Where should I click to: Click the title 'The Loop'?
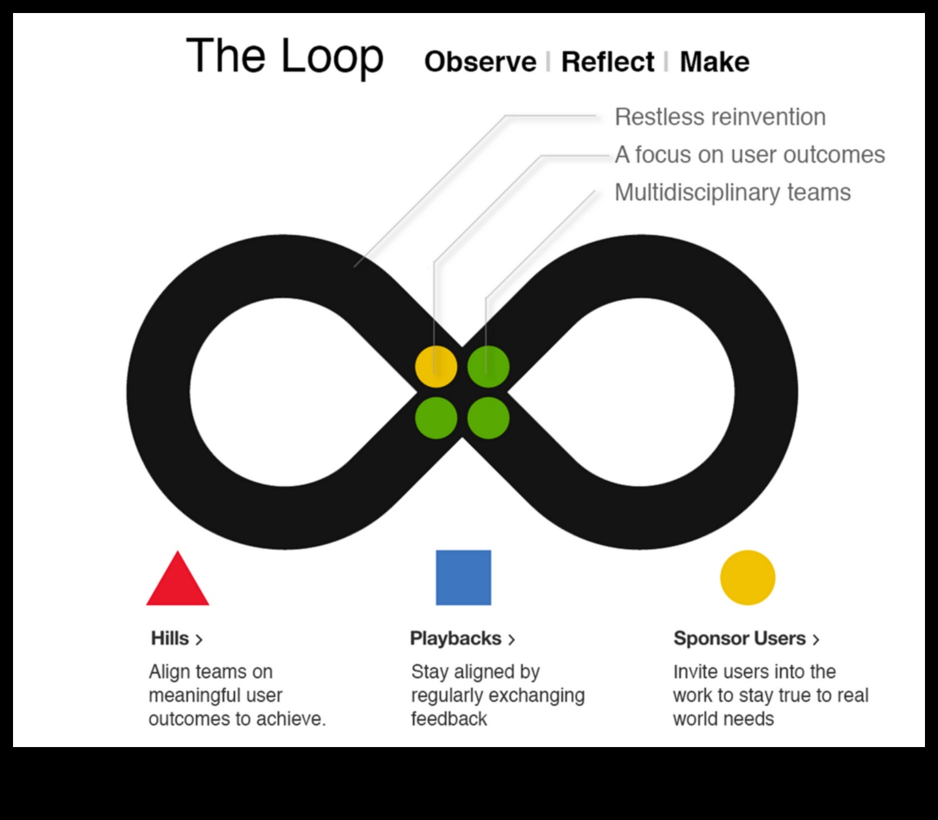[x=285, y=56]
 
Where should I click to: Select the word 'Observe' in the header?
[x=480, y=62]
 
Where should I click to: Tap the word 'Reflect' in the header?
[x=607, y=62]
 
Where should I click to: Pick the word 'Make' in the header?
[x=714, y=62]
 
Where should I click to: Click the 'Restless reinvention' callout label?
[x=720, y=117]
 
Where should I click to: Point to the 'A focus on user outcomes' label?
[x=749, y=155]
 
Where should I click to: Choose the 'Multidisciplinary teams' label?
[x=732, y=193]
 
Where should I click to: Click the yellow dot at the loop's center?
[x=436, y=367]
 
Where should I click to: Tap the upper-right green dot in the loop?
[x=488, y=367]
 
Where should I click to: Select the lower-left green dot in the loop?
[x=436, y=418]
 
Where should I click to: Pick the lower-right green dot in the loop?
[x=488, y=418]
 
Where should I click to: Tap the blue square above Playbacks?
[x=463, y=578]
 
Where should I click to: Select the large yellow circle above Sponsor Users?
[x=747, y=578]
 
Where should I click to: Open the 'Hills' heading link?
[x=170, y=638]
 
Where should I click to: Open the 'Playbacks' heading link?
[x=455, y=638]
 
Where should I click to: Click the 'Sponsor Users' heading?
[x=739, y=638]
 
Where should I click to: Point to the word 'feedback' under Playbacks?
[x=449, y=719]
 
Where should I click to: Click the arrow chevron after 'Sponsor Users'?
[x=816, y=640]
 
